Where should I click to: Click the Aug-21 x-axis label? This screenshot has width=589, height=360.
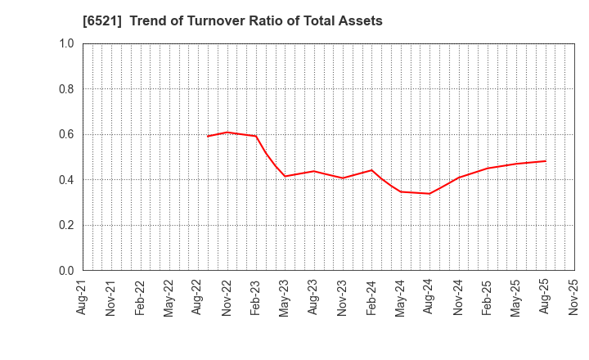pyautogui.click(x=83, y=296)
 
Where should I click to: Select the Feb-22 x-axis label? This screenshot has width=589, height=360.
pyautogui.click(x=140, y=296)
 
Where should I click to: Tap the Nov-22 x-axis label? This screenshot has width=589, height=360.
pyautogui.click(x=227, y=296)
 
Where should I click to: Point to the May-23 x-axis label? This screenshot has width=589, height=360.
pyautogui.click(x=285, y=296)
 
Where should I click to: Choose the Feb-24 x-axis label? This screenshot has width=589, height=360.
pyautogui.click(x=371, y=296)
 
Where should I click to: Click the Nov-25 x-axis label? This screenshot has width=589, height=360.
pyautogui.click(x=573, y=296)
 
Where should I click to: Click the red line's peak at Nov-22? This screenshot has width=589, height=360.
pyautogui.click(x=227, y=132)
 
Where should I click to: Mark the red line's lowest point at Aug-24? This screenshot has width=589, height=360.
pyautogui.click(x=429, y=194)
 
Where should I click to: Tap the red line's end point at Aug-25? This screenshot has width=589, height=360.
pyautogui.click(x=546, y=160)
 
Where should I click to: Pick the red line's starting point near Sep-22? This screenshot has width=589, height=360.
pyautogui.click(x=208, y=136)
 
